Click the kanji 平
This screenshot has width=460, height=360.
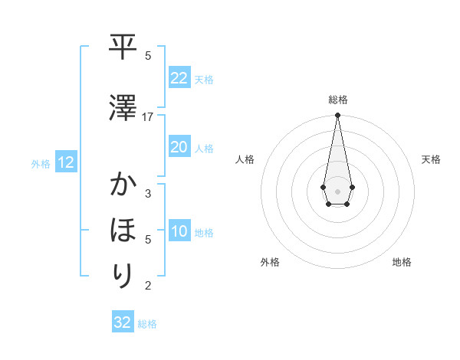(x=122, y=47)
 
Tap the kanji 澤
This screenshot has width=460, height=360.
(x=122, y=108)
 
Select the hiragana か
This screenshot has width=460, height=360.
(x=122, y=185)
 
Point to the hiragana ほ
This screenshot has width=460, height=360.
(x=122, y=230)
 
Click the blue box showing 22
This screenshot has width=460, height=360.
(x=179, y=78)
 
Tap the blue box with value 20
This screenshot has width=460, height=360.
(x=179, y=147)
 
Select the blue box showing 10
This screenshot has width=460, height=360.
(x=179, y=232)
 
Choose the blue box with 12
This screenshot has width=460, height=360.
(x=65, y=162)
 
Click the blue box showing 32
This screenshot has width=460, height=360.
(x=123, y=322)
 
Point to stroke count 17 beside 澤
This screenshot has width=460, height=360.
(x=148, y=117)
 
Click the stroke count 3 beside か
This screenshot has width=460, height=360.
(x=148, y=194)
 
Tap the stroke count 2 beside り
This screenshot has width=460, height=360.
(x=148, y=286)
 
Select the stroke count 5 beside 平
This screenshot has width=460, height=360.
(x=148, y=56)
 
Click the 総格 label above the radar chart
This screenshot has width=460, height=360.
(x=337, y=100)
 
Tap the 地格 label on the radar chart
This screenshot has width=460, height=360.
(x=402, y=262)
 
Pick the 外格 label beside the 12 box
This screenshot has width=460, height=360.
(x=41, y=163)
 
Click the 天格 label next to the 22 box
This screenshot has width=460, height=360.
(x=204, y=79)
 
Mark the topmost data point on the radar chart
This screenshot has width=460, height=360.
(x=337, y=116)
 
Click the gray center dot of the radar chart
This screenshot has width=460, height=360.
(x=337, y=190)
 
